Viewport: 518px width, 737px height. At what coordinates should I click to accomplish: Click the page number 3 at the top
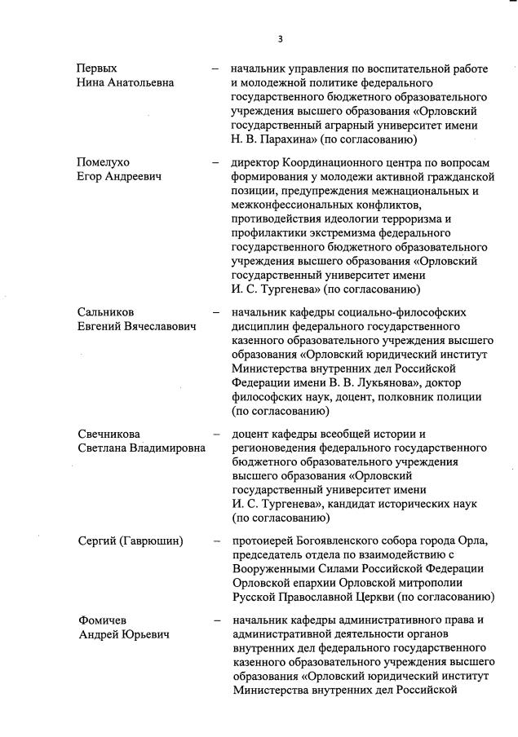(x=281, y=38)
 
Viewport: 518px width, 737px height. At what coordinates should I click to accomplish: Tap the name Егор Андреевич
(x=117, y=176)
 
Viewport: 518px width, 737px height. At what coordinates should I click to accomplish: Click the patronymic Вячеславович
(x=162, y=327)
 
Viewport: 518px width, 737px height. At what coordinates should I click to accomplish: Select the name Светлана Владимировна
(x=141, y=448)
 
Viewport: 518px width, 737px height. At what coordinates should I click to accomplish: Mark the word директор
(x=256, y=161)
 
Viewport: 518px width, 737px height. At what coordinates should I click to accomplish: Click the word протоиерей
(x=263, y=541)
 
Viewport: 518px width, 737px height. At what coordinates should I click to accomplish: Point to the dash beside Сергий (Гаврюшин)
(x=215, y=541)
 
